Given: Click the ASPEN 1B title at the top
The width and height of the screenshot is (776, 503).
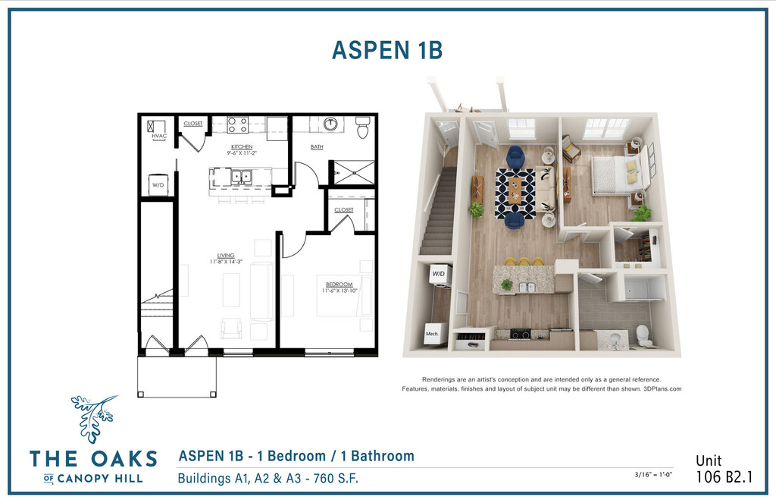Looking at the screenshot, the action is pyautogui.click(x=387, y=50).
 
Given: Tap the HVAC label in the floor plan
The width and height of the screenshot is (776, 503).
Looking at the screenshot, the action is pyautogui.click(x=159, y=136).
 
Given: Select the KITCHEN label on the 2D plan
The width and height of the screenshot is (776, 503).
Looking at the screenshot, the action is pyautogui.click(x=242, y=147).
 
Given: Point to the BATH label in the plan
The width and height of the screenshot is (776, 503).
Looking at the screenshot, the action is pyautogui.click(x=317, y=146).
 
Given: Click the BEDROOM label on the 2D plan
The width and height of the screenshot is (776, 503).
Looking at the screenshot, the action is pyautogui.click(x=339, y=285).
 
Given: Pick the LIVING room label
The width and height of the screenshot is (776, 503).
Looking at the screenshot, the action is pyautogui.click(x=226, y=256).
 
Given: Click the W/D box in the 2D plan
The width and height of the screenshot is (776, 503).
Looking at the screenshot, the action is pyautogui.click(x=158, y=185).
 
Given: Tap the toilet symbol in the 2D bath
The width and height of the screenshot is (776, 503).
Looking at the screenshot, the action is pyautogui.click(x=363, y=127).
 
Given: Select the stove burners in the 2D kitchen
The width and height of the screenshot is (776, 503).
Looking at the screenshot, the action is pyautogui.click(x=237, y=125).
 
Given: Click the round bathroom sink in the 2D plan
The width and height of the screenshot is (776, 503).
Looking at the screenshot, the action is pyautogui.click(x=330, y=124).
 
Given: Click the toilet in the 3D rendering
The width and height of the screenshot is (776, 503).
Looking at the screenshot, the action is pyautogui.click(x=643, y=335).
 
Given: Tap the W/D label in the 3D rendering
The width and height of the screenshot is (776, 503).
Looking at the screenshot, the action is pyautogui.click(x=439, y=274).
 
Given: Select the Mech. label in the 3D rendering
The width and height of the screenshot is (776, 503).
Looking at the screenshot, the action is pyautogui.click(x=432, y=334).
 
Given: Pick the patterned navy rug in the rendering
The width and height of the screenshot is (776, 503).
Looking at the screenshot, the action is pyautogui.click(x=515, y=193).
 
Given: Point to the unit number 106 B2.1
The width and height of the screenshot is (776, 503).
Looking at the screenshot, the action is pyautogui.click(x=724, y=476).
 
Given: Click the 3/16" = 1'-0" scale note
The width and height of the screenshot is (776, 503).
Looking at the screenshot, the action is pyautogui.click(x=653, y=475).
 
